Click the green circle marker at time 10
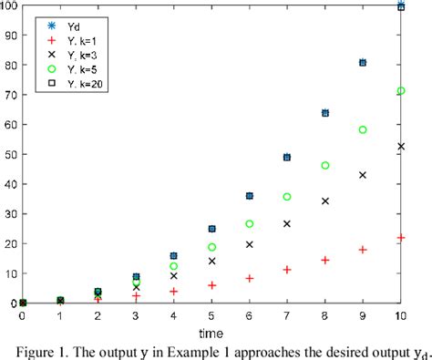point(401,90)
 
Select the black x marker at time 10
point(401,146)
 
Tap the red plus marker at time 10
point(401,237)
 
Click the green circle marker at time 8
point(325,165)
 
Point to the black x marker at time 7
point(287,222)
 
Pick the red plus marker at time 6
point(249,278)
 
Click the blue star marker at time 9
point(363,63)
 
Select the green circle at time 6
point(249,223)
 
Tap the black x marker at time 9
point(363,174)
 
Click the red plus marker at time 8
point(325,260)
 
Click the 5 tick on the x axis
point(211,315)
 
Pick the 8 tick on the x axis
point(325,315)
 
